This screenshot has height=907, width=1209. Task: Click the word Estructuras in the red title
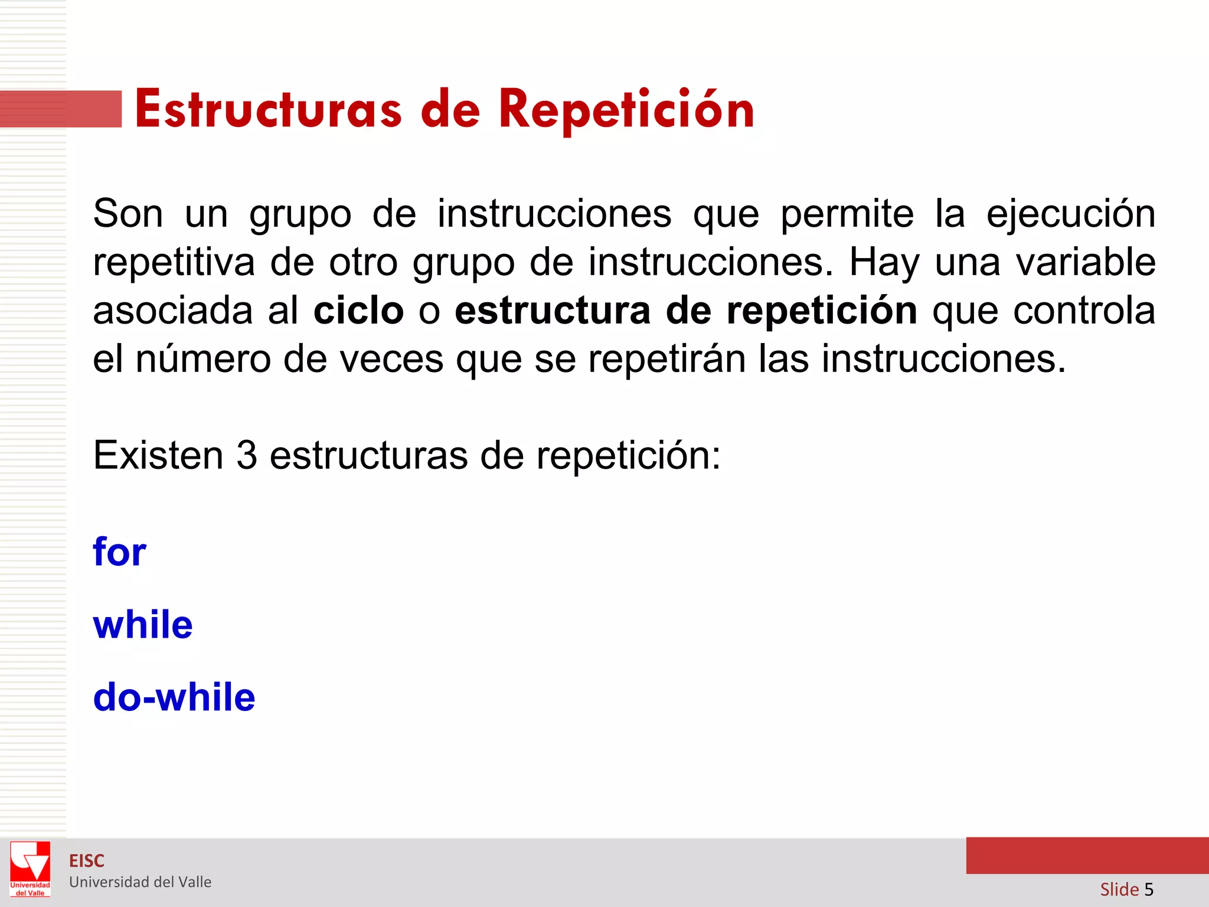click(x=269, y=110)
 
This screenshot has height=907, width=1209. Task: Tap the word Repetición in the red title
click(x=626, y=110)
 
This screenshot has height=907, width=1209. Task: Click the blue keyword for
click(x=119, y=552)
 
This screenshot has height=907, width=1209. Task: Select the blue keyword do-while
click(x=174, y=697)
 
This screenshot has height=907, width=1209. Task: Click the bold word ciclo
click(x=358, y=311)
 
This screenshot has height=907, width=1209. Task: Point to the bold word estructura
click(x=553, y=311)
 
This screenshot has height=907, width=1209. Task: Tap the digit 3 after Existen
click(x=247, y=455)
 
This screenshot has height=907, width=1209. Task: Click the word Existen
click(x=158, y=455)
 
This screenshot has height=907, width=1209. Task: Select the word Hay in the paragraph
click(x=884, y=263)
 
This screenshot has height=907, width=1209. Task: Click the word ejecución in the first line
click(x=1071, y=214)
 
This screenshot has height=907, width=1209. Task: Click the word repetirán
click(x=667, y=359)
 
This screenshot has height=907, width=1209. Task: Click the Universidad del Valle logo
click(x=30, y=869)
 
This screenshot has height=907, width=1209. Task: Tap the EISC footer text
click(x=87, y=861)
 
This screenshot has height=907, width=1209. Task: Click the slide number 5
click(x=1148, y=889)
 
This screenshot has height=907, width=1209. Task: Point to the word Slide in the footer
click(x=1119, y=889)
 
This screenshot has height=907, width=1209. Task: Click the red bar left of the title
click(x=61, y=109)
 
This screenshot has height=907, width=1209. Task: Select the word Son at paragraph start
click(x=128, y=214)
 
